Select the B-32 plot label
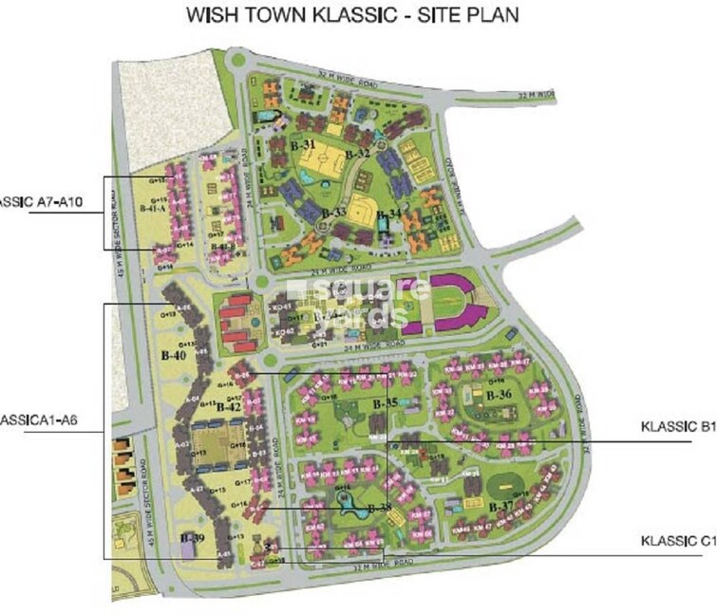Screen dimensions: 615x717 357,153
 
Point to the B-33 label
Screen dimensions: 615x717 333,212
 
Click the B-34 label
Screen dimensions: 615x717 387,214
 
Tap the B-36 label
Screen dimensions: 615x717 499,395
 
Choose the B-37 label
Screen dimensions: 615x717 500,506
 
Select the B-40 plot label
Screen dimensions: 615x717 173,356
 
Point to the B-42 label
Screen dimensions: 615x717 229,406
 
